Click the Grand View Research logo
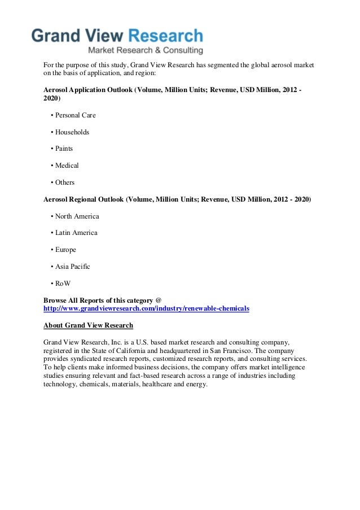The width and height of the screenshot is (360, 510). (x=117, y=37)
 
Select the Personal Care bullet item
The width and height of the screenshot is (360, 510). (x=75, y=115)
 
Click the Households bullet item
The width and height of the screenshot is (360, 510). (x=72, y=132)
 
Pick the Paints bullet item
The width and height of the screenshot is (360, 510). (x=64, y=149)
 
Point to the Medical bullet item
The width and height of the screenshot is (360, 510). (x=67, y=165)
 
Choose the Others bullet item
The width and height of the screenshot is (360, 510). (x=64, y=182)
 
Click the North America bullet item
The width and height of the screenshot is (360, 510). (x=77, y=216)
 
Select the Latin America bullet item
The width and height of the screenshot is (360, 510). (x=76, y=233)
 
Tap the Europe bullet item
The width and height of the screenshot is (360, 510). (x=65, y=250)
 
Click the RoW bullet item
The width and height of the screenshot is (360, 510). (x=63, y=283)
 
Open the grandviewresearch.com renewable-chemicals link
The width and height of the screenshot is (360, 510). (x=146, y=309)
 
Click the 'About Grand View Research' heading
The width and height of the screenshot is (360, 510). (x=88, y=325)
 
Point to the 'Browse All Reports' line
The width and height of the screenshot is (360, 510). (x=102, y=300)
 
